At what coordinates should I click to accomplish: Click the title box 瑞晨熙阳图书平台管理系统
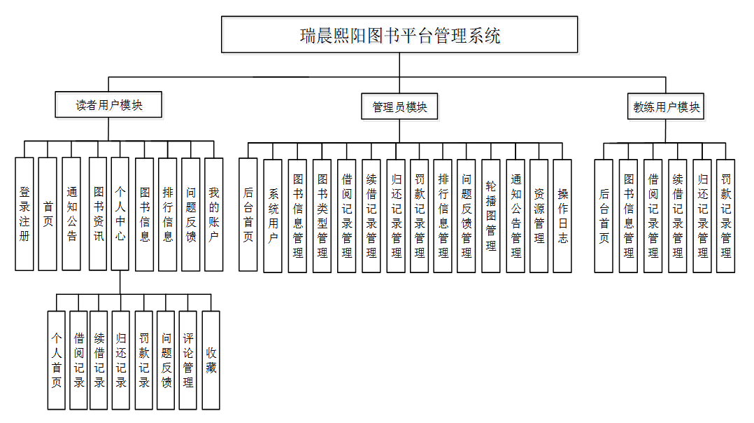pos(399,35)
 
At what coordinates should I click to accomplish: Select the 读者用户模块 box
pos(109,105)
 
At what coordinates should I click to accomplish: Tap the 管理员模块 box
pos(399,107)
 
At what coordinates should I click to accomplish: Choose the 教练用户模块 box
pos(666,107)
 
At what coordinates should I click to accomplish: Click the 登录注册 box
pos(24,214)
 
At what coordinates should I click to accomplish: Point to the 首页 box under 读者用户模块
pos(48,214)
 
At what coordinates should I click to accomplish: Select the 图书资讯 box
pos(98,214)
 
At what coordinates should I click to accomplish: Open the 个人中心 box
pos(120,214)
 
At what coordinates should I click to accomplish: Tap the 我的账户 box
pos(213,214)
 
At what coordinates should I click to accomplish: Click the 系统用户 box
pos(273,216)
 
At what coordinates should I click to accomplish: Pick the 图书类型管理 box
pos(322,216)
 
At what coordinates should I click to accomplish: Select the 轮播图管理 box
pos(491,216)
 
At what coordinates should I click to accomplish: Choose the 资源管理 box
pos(539,216)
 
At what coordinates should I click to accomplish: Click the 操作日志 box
pos(562,216)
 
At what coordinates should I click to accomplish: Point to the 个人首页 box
pos(57,360)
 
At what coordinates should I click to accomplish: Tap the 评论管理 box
pos(188,360)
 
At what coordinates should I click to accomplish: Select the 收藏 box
pos(211,360)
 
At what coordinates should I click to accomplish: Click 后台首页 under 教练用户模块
pos(604,216)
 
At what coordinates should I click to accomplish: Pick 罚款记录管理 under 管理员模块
pos(419,216)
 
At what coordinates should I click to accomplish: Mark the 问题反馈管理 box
pos(466,216)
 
